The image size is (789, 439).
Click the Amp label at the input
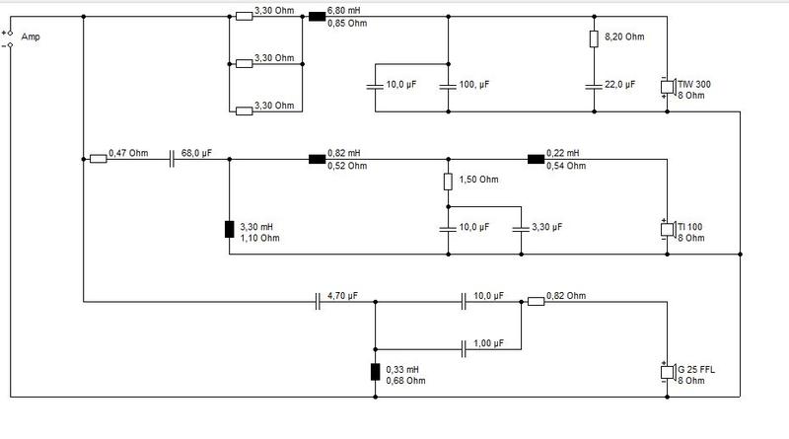(x=31, y=37)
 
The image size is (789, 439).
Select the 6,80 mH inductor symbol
(x=317, y=17)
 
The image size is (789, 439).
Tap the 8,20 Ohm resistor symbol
(x=595, y=38)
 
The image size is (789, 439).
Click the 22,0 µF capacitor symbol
(x=595, y=87)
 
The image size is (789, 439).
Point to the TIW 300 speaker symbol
(x=668, y=87)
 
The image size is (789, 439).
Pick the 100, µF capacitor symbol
(x=449, y=87)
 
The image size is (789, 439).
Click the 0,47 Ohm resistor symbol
(x=98, y=159)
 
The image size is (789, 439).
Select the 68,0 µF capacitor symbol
(x=172, y=159)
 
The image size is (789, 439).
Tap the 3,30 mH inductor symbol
(x=230, y=229)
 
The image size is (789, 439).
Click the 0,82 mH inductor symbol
(x=317, y=159)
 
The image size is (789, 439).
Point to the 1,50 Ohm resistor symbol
(x=449, y=182)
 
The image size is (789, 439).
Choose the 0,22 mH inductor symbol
(x=536, y=159)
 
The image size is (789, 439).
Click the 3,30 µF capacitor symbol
(x=522, y=229)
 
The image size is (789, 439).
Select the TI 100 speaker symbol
(x=668, y=229)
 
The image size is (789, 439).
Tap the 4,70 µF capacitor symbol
(x=318, y=302)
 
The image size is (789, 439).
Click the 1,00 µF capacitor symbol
(x=464, y=349)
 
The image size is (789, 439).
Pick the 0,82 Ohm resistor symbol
(x=536, y=302)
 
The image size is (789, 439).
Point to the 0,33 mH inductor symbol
(x=376, y=372)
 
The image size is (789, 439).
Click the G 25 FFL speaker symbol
(x=668, y=372)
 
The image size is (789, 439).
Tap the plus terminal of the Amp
(x=10, y=34)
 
